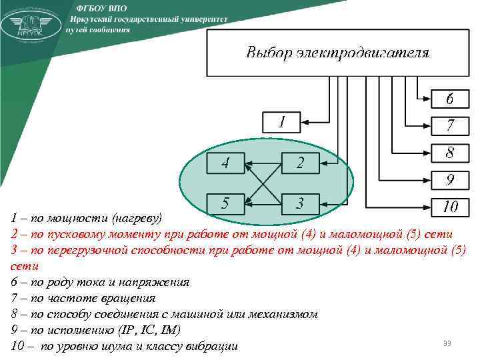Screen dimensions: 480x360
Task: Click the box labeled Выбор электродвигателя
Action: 337,53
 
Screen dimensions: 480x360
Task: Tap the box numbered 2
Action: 300,163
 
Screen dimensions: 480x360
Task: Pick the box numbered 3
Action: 300,203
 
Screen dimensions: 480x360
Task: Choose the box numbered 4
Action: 225,163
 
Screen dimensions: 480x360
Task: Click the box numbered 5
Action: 225,203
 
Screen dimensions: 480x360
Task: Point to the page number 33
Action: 447,343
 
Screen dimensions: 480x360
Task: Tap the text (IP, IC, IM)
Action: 151,330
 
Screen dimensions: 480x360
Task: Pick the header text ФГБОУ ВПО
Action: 97,7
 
